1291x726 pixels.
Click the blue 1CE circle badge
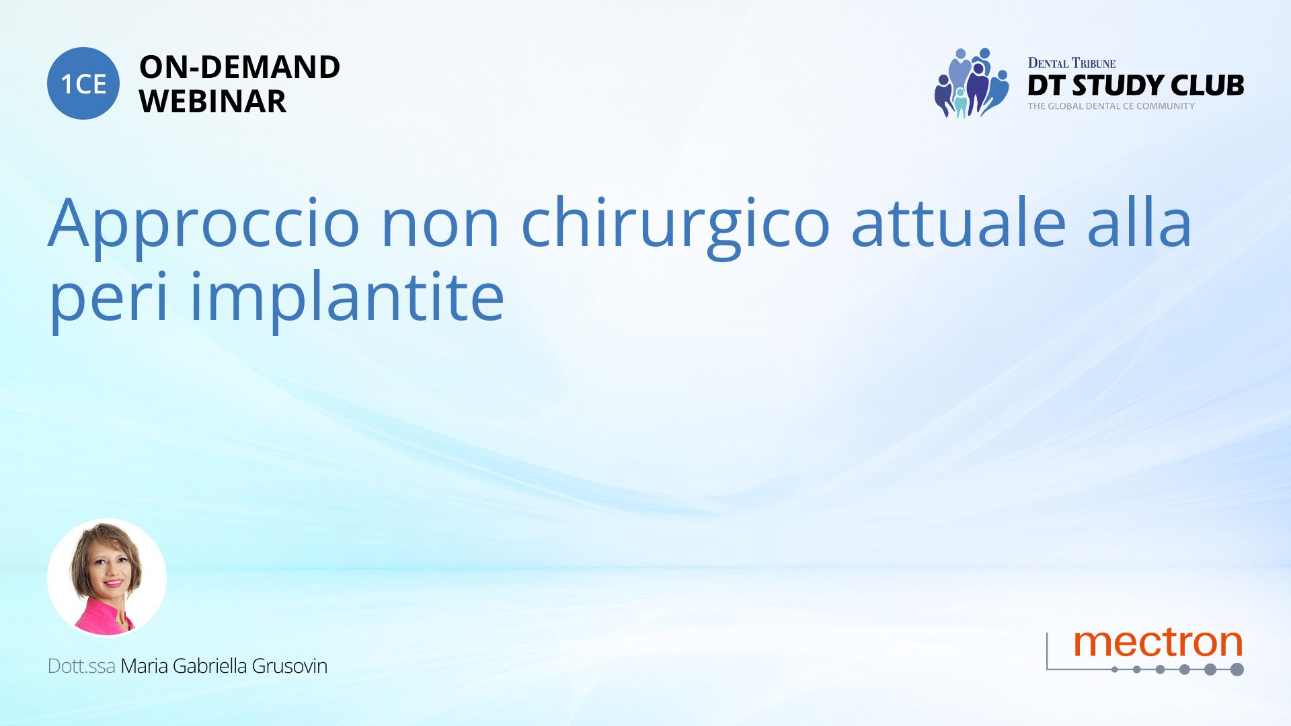[x=83, y=83]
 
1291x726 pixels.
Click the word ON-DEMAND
[x=239, y=67]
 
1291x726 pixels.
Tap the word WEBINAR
[x=212, y=102]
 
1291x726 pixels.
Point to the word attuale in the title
[x=959, y=222]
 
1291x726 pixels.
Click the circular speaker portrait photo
[x=107, y=578]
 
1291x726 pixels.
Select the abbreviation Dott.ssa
[x=81, y=666]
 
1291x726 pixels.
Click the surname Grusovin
[x=290, y=666]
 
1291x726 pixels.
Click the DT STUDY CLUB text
[x=1136, y=85]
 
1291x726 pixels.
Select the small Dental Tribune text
[x=1072, y=63]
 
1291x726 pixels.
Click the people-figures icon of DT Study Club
[x=972, y=83]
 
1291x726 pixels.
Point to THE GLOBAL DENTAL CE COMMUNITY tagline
[x=1111, y=106]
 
